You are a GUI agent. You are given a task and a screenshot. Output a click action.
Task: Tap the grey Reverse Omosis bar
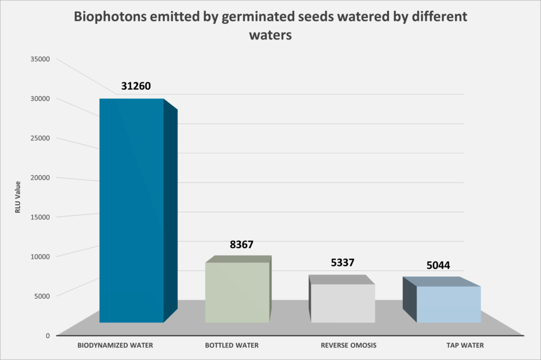coord(342,303)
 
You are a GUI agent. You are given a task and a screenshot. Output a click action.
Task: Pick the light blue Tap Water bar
coord(449,304)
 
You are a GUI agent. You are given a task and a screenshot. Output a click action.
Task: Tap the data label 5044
coord(438,265)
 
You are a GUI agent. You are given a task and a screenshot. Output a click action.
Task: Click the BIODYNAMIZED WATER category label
coord(115,346)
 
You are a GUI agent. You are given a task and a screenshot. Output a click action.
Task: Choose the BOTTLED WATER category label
coord(232,346)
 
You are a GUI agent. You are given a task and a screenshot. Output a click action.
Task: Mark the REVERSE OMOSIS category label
coord(348,346)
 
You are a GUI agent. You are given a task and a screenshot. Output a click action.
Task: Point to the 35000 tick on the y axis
coord(40,59)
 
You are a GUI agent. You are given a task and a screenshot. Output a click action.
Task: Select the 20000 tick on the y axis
coord(40,177)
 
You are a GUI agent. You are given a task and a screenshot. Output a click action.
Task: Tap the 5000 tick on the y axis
coord(42,296)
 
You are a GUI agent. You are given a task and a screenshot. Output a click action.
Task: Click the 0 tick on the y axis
coord(48,335)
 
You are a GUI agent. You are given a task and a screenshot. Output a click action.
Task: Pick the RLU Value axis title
coord(17,197)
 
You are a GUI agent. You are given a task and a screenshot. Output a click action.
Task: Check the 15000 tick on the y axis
coord(40,217)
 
